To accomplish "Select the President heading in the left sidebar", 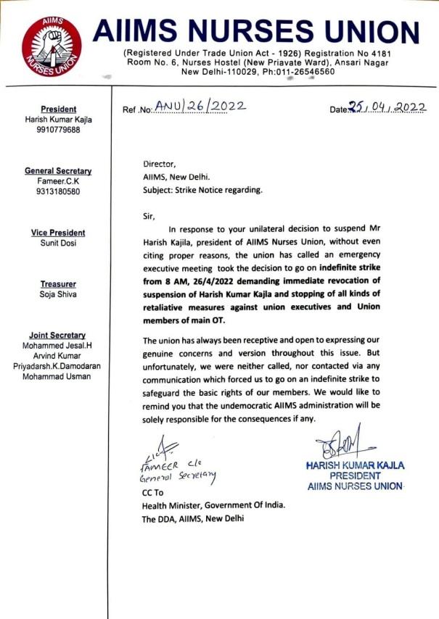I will (x=58, y=109).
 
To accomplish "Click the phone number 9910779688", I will (x=58, y=130).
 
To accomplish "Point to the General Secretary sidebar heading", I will (x=58, y=171).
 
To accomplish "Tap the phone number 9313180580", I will (x=58, y=192).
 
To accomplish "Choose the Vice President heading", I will (x=58, y=233).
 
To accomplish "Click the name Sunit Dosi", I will (x=58, y=244).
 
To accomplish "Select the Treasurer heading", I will (x=58, y=285).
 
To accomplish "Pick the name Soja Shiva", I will (x=58, y=295).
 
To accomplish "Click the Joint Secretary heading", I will (x=58, y=336).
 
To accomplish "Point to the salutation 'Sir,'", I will (x=149, y=215).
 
